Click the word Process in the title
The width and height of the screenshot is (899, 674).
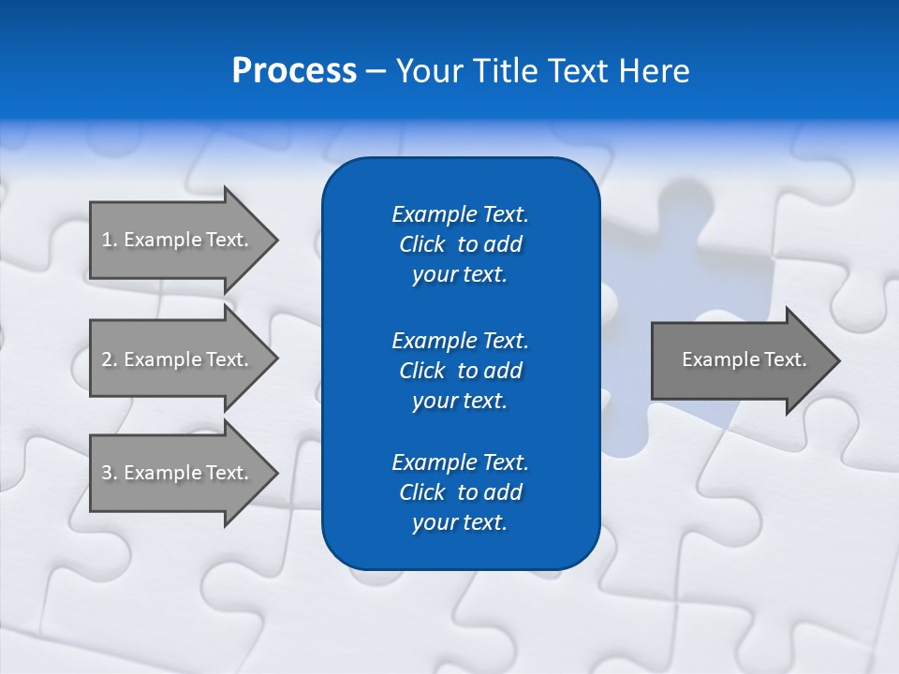pos(294,71)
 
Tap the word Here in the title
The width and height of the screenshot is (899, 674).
pos(652,71)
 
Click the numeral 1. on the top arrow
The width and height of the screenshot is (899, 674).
pos(110,240)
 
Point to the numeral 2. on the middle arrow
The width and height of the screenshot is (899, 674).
pos(110,359)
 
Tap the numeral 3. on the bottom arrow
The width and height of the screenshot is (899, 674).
pos(110,473)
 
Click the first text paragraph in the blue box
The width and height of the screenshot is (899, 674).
pos(460,244)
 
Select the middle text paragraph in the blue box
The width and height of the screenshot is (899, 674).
pos(460,370)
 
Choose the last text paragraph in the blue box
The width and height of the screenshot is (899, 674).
pos(460,492)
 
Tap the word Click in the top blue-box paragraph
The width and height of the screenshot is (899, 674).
pos(421,244)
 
